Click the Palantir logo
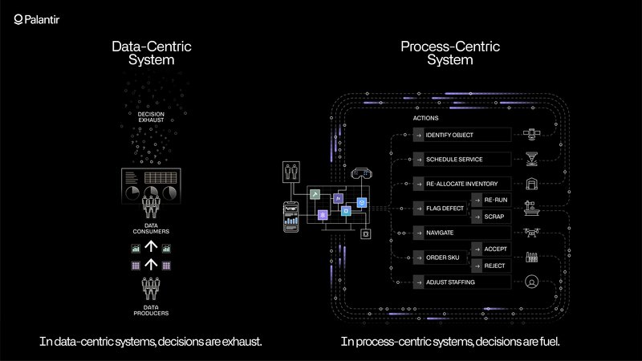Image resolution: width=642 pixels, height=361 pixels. [x=36, y=19]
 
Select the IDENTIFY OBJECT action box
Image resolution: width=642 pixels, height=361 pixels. [x=462, y=135]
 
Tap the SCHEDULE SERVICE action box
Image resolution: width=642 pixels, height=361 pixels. [x=462, y=159]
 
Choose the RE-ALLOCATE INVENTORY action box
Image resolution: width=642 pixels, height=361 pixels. [x=462, y=184]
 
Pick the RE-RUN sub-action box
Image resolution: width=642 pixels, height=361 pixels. [x=491, y=200]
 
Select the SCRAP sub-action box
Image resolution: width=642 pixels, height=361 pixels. [x=491, y=217]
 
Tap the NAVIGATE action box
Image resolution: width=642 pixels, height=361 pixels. [x=462, y=233]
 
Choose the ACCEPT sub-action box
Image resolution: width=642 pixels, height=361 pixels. [x=491, y=249]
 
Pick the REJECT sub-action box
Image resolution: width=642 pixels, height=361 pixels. [x=491, y=266]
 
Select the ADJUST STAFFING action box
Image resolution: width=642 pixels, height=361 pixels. [x=462, y=282]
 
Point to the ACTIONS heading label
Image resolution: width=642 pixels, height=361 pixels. [x=425, y=118]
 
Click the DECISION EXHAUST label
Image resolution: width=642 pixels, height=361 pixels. [x=151, y=117]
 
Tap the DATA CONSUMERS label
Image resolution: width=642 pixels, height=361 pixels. [x=151, y=229]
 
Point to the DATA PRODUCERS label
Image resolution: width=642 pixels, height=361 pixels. [x=151, y=310]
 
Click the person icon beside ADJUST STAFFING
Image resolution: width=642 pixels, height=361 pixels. [x=531, y=282]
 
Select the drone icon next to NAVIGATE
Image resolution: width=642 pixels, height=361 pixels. [x=531, y=233]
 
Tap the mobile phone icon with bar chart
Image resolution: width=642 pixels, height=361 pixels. [x=291, y=217]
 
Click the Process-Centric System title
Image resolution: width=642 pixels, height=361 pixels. [x=450, y=53]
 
